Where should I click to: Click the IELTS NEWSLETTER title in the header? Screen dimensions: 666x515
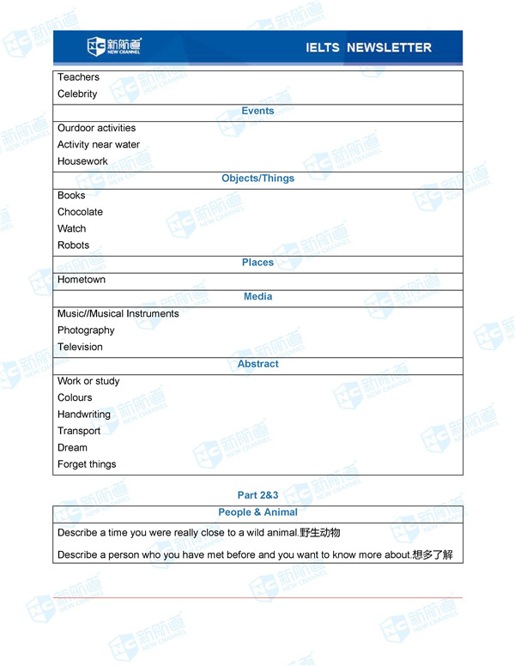pos(368,48)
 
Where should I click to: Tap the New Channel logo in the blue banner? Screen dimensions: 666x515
pos(114,46)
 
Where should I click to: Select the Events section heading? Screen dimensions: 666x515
pos(257,111)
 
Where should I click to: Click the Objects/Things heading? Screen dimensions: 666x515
pos(257,179)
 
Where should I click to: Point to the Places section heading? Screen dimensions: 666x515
pos(257,263)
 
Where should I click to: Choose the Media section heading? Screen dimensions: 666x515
pos(257,296)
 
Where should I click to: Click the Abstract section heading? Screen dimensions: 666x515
pos(257,364)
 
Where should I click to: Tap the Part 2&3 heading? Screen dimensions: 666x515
pos(257,495)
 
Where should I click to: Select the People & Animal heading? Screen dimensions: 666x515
pos(257,512)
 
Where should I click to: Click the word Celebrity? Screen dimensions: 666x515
pos(77,94)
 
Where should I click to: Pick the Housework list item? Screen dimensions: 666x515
pos(82,161)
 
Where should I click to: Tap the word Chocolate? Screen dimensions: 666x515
pos(80,212)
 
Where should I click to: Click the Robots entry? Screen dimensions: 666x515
pos(73,245)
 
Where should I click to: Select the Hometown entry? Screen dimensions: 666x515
pos(82,280)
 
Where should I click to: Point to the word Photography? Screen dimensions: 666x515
pos(86,330)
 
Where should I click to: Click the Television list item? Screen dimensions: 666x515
pos(80,347)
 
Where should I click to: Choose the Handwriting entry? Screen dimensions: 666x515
pos(83,415)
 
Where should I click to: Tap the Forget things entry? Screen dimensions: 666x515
pos(87,464)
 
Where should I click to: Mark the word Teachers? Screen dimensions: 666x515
pos(78,77)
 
